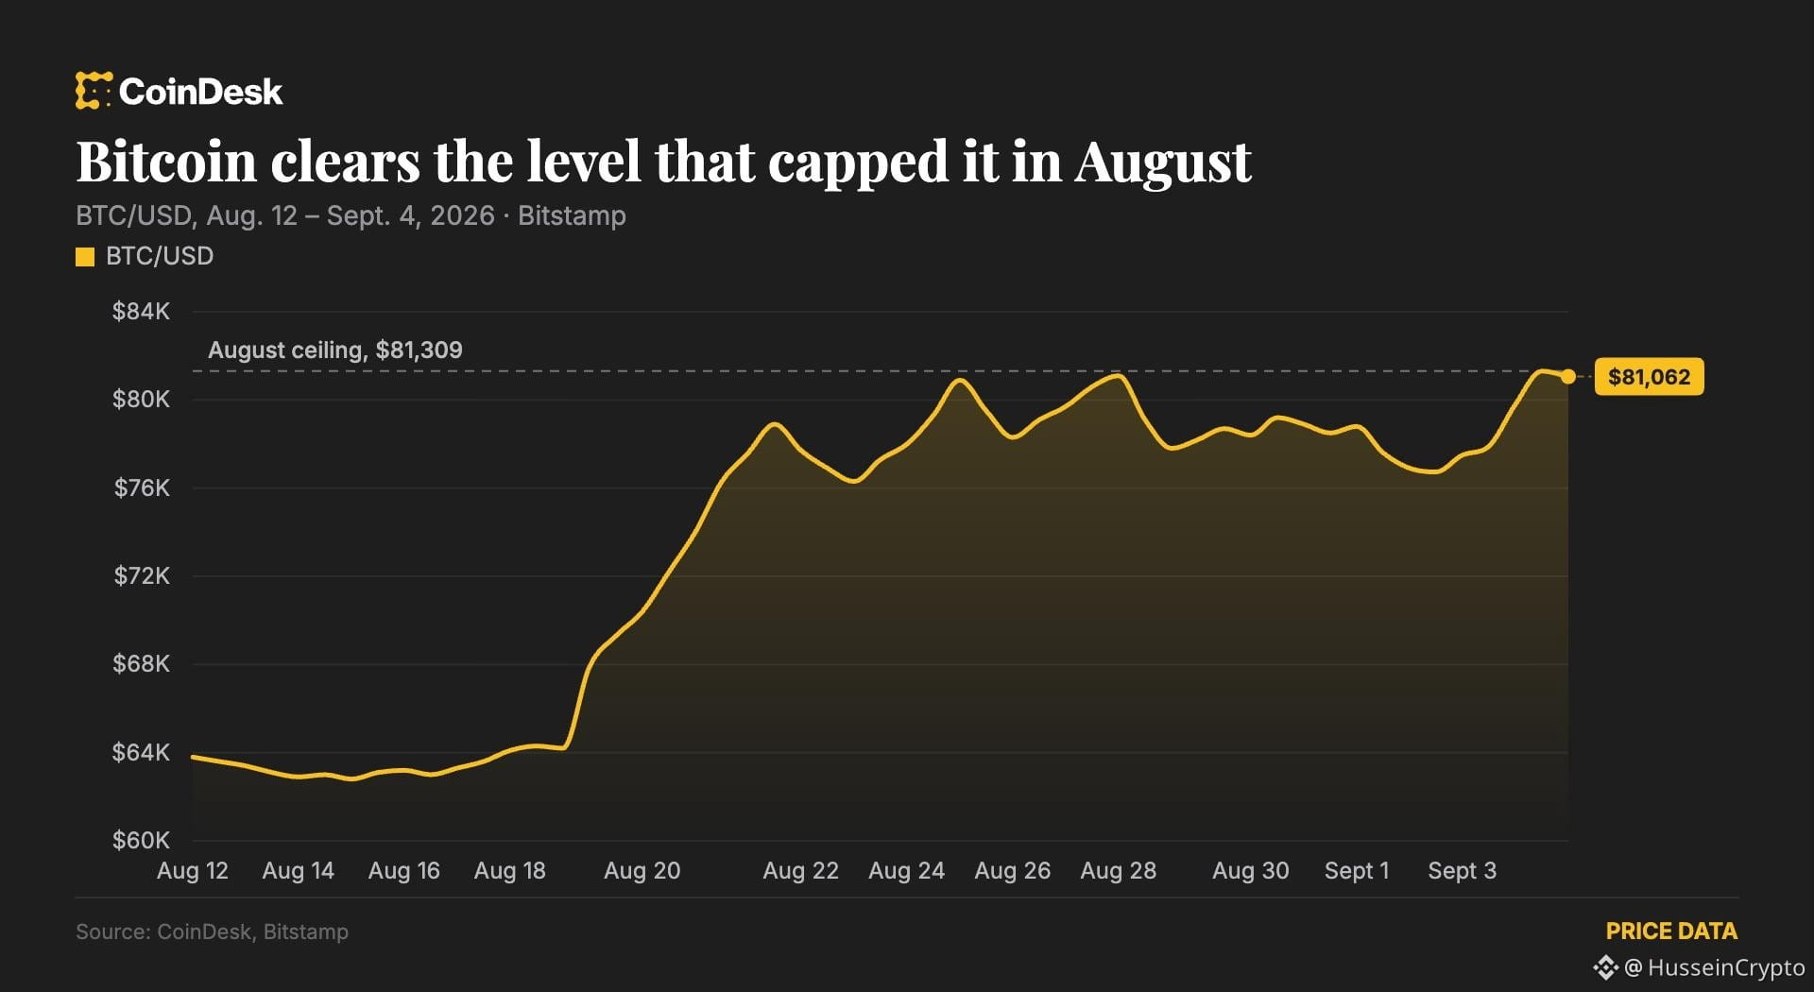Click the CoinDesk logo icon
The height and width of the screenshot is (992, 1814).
click(x=94, y=91)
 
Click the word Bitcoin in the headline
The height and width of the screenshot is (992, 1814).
click(x=166, y=162)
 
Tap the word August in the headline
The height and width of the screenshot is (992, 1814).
click(x=1163, y=163)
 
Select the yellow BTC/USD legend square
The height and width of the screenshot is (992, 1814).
click(x=85, y=257)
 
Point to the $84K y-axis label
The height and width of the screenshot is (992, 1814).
click(x=141, y=312)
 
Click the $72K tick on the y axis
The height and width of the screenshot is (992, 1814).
click(x=142, y=576)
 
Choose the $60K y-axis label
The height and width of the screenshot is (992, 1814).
click(x=141, y=841)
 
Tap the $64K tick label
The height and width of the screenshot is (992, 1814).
click(x=141, y=753)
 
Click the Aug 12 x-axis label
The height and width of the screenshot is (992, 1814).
click(x=193, y=871)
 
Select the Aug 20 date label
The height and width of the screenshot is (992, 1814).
click(x=642, y=871)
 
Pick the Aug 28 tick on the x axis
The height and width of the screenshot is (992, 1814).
click(x=1119, y=871)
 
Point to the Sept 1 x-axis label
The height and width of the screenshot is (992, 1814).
click(x=1357, y=871)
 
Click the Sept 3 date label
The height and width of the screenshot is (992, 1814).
click(x=1463, y=871)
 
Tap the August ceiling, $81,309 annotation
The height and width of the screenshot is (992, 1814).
click(x=335, y=351)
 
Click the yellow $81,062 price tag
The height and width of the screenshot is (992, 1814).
click(x=1649, y=377)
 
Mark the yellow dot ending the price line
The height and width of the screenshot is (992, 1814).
click(x=1568, y=377)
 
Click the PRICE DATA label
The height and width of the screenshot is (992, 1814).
click(x=1671, y=932)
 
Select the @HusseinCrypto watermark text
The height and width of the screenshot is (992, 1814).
click(x=1715, y=967)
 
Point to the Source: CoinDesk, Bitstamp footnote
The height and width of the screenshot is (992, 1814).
click(x=212, y=932)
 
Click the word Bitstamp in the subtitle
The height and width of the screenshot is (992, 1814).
click(x=572, y=216)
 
